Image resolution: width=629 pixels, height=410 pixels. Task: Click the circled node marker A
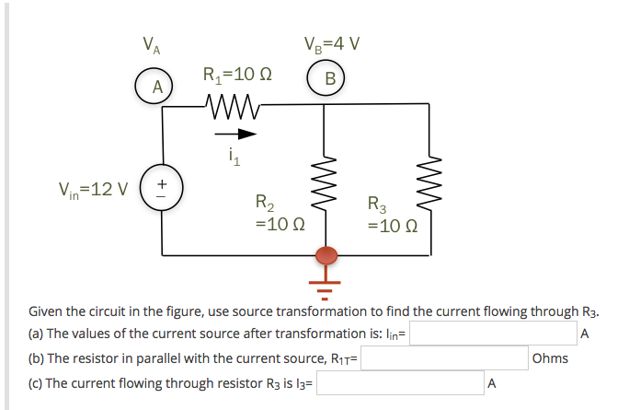point(157,88)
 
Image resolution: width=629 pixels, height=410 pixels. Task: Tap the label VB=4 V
point(331,43)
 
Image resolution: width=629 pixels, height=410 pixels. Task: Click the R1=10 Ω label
point(237,74)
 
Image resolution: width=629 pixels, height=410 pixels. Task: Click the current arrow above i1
point(241,133)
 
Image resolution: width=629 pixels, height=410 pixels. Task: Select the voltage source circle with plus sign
point(164,191)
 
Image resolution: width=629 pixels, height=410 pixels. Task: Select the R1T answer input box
point(445,358)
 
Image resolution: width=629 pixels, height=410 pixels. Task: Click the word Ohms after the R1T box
point(550,358)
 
